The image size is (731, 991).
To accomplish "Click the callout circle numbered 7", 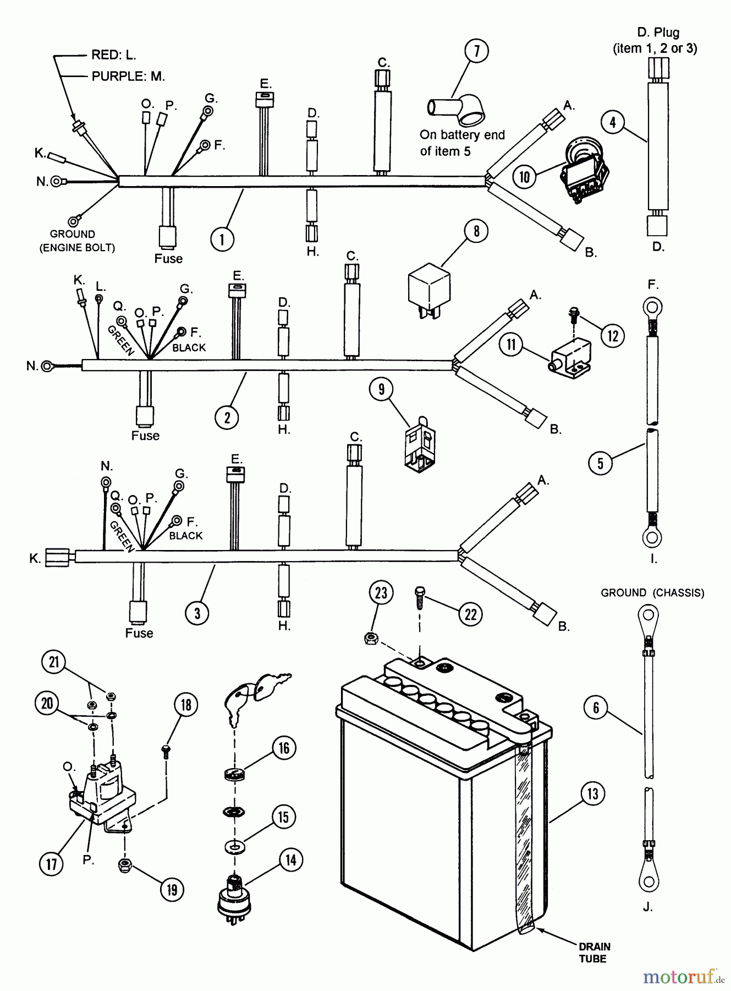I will click(x=476, y=51).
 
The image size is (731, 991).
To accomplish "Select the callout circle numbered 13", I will click(x=592, y=793).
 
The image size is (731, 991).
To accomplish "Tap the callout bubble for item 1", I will click(x=222, y=239).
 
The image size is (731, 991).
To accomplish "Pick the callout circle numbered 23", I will click(x=381, y=593).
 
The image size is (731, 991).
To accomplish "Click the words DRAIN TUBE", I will click(x=593, y=953).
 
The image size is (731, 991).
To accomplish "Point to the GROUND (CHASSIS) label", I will click(x=652, y=593).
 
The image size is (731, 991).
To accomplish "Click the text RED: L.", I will click(x=113, y=55).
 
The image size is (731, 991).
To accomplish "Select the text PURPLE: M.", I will click(x=128, y=76).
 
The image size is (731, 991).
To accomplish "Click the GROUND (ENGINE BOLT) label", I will click(x=76, y=241).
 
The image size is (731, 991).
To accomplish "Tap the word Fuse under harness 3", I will click(x=139, y=633).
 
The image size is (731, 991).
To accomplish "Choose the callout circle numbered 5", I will click(x=600, y=463).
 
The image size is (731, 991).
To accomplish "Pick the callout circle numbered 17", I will click(x=51, y=863).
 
